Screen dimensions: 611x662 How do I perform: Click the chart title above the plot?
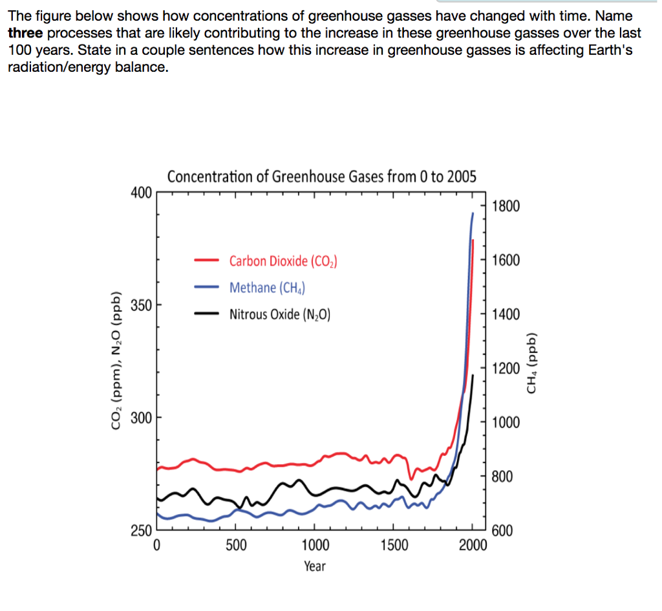(321, 177)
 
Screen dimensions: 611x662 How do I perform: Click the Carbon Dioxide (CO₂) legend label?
(284, 261)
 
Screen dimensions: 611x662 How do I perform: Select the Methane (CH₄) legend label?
(268, 288)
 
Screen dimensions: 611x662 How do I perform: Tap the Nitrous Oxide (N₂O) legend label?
(280, 315)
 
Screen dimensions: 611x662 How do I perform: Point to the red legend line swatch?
(208, 261)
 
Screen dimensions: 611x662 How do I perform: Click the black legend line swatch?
(208, 314)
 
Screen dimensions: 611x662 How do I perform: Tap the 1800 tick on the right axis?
(505, 207)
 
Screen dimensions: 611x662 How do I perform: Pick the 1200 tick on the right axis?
(505, 369)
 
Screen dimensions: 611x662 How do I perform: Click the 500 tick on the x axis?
(236, 546)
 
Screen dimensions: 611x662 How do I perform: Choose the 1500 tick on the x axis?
(394, 546)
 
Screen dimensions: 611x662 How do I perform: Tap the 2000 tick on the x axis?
(473, 546)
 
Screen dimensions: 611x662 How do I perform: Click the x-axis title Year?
(315, 566)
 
